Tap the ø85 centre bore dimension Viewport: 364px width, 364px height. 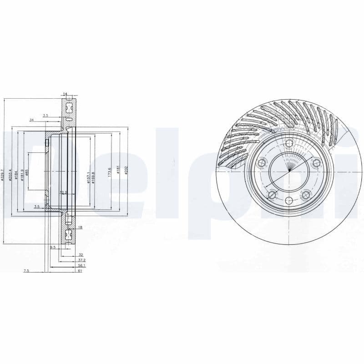tap(27, 172)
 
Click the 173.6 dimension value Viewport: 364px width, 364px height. tap(110, 172)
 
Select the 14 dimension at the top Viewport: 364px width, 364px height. tap(65, 94)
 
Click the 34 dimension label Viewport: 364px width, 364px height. tap(31, 120)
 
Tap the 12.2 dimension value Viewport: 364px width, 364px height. tap(64, 192)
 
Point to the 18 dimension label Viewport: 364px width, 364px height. tap(80, 227)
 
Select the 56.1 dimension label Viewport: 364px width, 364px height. tap(81, 265)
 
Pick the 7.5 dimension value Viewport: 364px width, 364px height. tap(26, 271)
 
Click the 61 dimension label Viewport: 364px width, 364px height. tap(80, 271)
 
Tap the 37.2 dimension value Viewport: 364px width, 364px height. tap(81, 260)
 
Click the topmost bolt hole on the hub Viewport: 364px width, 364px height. tap(289, 144)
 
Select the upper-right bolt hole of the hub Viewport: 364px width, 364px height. tap(316, 163)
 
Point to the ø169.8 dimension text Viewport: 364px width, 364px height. tap(93, 175)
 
